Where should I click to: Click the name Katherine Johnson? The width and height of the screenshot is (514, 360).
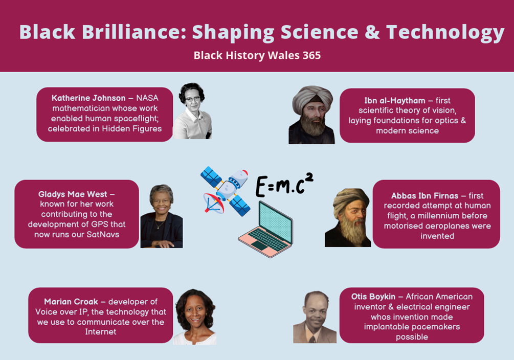click(x=88, y=98)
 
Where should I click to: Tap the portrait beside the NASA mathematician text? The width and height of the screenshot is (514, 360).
click(x=192, y=111)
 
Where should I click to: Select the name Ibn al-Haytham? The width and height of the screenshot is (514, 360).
click(x=395, y=101)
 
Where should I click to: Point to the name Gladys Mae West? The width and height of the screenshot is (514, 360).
click(x=73, y=194)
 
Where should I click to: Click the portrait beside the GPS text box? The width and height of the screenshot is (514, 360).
click(x=162, y=216)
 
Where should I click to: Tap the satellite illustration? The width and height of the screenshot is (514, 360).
click(x=225, y=191)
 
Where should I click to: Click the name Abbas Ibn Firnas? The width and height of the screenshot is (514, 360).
click(x=424, y=196)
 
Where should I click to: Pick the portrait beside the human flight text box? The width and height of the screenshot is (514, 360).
click(x=348, y=217)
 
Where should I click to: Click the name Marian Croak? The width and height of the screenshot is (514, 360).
click(x=71, y=302)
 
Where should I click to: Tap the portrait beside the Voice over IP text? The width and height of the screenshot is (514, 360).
click(x=195, y=317)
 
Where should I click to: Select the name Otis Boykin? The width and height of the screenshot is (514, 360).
click(x=373, y=297)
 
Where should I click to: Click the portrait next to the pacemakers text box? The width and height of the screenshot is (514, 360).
click(x=315, y=317)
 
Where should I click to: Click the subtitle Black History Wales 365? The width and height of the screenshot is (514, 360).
click(x=257, y=55)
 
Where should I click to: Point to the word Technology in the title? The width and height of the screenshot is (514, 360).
click(x=445, y=32)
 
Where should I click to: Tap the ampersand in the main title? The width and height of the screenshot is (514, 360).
click(x=372, y=32)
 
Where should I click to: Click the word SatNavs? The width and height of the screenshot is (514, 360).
click(x=103, y=235)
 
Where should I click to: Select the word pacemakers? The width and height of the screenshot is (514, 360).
click(x=436, y=327)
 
